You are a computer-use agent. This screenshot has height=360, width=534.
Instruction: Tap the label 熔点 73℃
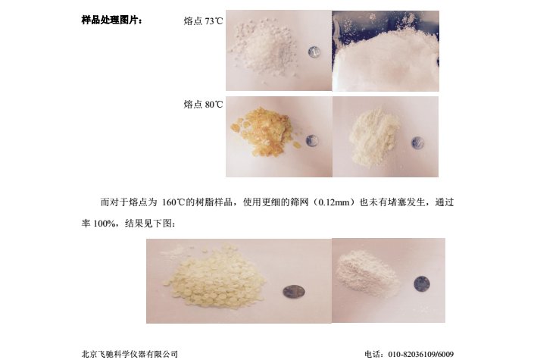(203, 21)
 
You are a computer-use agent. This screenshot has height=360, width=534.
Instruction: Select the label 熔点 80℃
(203, 105)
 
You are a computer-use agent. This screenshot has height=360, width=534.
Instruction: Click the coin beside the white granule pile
(314, 52)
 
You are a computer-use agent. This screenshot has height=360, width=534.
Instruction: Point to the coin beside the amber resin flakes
(312, 141)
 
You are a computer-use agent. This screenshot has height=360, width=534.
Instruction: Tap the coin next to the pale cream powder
(417, 142)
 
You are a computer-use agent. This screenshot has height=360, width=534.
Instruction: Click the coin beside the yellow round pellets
(294, 292)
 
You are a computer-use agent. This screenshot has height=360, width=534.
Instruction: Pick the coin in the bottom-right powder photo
(422, 284)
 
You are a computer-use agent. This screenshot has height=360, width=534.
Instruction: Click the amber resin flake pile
(264, 131)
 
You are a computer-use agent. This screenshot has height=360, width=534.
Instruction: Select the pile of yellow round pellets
(214, 275)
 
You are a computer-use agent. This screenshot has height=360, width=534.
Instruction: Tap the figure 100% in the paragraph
(104, 224)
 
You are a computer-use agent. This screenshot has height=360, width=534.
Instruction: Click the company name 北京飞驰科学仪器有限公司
(130, 354)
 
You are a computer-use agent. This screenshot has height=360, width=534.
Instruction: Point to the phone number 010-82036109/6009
(421, 355)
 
